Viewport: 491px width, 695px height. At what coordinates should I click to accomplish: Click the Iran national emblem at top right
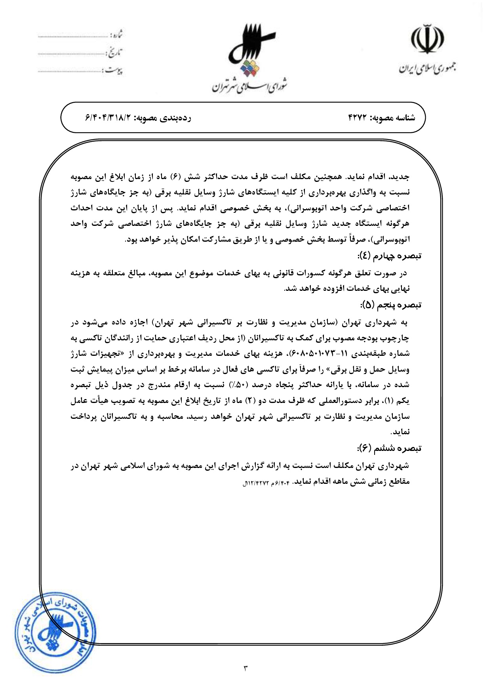pyautogui.click(x=427, y=40)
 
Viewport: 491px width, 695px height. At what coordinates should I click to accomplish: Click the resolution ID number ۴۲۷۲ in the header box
pyautogui.click(x=358, y=118)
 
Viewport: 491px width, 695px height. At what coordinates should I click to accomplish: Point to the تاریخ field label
pyautogui.click(x=115, y=53)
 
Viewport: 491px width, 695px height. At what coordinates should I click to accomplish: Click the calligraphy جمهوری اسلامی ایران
pyautogui.click(x=427, y=68)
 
